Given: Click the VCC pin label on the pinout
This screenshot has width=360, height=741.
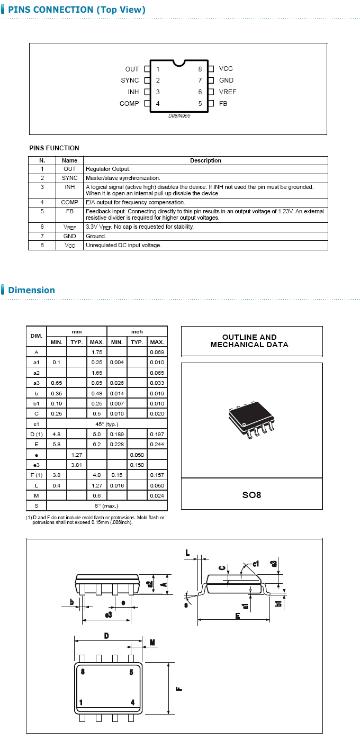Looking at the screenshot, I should (226, 69).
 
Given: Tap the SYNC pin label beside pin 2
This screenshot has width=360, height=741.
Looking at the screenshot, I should (130, 80).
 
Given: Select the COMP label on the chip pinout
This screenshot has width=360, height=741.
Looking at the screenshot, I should (129, 104).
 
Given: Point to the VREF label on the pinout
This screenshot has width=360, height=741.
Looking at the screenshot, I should (228, 92).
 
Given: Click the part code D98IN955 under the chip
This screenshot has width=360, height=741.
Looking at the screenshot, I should (179, 115).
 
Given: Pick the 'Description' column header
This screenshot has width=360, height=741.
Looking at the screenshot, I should (205, 160).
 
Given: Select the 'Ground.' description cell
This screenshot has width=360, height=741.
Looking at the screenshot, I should (96, 236).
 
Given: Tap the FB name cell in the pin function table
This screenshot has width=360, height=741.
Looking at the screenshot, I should (69, 211).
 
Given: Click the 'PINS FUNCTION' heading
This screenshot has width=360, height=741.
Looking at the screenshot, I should (54, 148).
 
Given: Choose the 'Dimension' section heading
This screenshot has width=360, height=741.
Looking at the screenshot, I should (31, 290).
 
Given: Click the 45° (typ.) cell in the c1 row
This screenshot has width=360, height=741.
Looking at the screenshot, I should (107, 424).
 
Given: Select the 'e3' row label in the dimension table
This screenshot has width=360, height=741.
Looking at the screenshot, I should (37, 464).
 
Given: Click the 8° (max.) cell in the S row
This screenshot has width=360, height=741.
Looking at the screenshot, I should (107, 505).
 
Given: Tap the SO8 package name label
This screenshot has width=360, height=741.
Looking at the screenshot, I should (251, 495).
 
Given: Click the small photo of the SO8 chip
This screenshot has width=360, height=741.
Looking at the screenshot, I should (251, 420).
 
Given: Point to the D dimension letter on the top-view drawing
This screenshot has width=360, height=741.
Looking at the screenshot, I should (106, 636).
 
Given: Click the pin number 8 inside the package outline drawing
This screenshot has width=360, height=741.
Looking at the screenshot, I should (82, 672).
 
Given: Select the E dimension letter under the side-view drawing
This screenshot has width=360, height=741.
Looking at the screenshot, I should (238, 616).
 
